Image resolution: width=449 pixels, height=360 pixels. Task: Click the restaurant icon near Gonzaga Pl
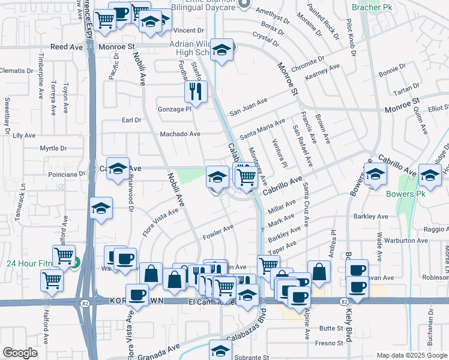pyautogui.click(x=195, y=91)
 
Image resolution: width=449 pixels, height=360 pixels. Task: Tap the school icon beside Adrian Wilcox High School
pyautogui.click(x=222, y=51)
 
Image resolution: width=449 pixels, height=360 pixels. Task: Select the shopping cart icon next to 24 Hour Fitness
pyautogui.click(x=64, y=256)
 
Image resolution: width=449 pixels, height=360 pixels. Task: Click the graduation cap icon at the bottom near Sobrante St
pyautogui.click(x=220, y=350)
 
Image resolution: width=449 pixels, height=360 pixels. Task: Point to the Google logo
pyautogui.click(x=20, y=353)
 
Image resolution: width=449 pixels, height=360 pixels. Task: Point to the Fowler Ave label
pyautogui.click(x=218, y=230)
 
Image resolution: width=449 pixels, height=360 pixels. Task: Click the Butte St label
pyautogui.click(x=331, y=328)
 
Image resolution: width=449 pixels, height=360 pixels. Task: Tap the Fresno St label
pyautogui.click(x=331, y=343)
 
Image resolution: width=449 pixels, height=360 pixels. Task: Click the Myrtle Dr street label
pyautogui.click(x=52, y=148)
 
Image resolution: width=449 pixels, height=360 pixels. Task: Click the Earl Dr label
pyautogui.click(x=131, y=120)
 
